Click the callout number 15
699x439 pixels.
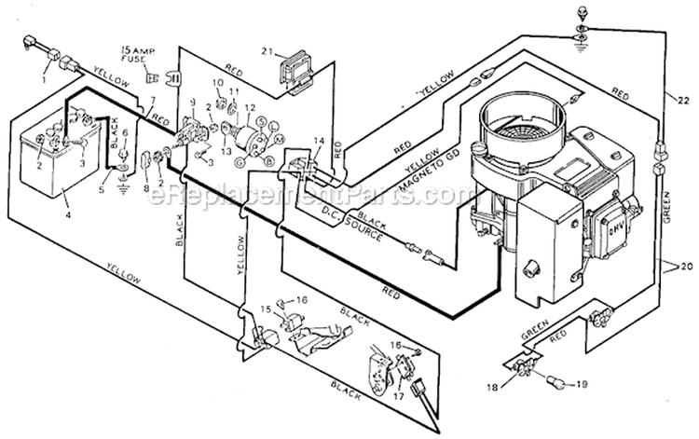coord(266,308)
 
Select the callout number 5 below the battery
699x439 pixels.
coord(103,191)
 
